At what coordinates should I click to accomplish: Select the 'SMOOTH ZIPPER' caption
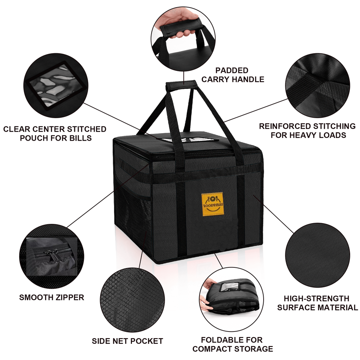click(52, 297)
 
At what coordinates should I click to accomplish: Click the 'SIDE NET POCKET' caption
click(127, 341)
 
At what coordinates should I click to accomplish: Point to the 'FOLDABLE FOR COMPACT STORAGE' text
click(232, 344)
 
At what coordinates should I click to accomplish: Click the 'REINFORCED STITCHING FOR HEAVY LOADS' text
click(307, 130)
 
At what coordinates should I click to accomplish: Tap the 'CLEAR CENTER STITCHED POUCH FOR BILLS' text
click(55, 133)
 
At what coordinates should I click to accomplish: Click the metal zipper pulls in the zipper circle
click(51, 255)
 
